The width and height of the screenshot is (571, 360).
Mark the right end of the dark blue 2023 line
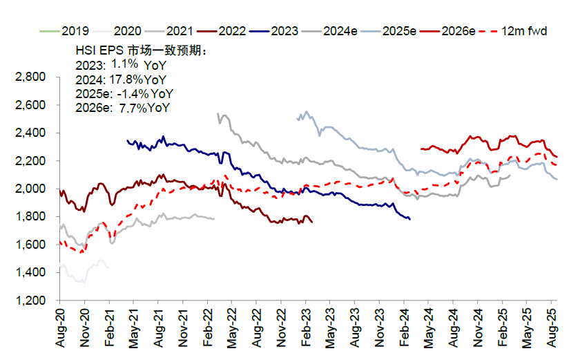410,220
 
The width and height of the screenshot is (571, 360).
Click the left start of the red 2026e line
420,148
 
